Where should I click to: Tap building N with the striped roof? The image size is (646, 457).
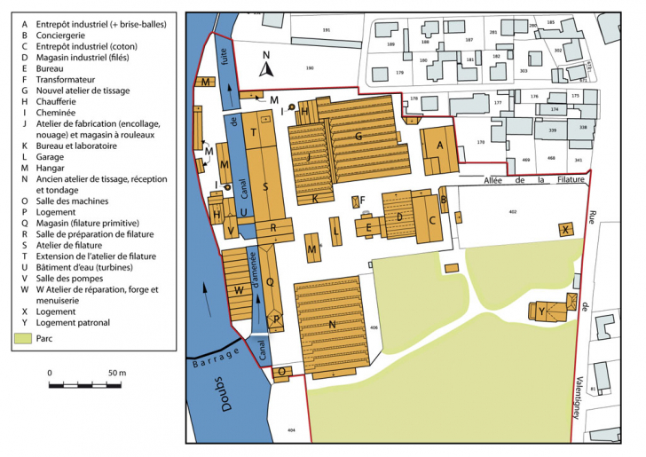[332, 326]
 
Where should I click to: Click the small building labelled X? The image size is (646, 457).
[565, 229]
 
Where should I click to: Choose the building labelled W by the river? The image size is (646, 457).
[239, 288]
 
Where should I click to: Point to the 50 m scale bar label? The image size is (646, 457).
[116, 373]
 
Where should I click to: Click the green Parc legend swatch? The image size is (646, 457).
[21, 338]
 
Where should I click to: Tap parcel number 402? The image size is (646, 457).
[512, 212]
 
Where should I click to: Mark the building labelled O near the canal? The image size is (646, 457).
[283, 373]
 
